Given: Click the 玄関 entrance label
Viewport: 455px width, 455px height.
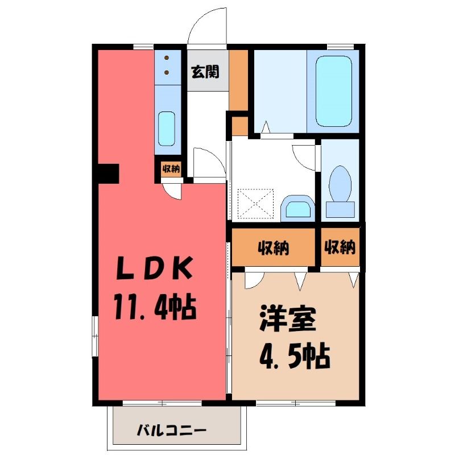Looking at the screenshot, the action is (x=205, y=71).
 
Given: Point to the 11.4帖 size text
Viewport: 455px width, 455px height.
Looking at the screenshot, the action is (x=156, y=307).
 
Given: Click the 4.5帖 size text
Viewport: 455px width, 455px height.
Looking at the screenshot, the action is (x=295, y=356).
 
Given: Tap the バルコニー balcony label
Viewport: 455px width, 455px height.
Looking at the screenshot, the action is (x=172, y=430).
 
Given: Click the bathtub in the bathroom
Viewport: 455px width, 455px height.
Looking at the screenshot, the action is (x=334, y=91).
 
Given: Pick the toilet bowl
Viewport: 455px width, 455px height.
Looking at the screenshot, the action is (x=340, y=184).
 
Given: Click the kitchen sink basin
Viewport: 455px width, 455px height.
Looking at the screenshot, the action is (x=167, y=129).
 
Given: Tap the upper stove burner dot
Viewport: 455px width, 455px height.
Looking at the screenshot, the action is (x=167, y=58).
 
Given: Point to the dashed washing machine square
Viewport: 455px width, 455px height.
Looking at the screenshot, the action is (x=255, y=203).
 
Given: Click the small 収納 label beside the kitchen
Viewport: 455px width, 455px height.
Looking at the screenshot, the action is (x=171, y=169).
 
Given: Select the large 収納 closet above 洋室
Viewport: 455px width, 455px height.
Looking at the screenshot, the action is (x=273, y=247).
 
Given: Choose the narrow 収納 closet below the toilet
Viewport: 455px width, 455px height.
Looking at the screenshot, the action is (x=340, y=247).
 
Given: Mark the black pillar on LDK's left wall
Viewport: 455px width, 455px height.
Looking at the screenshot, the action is (x=109, y=173).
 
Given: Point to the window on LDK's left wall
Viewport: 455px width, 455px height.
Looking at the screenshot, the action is (x=95, y=336).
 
